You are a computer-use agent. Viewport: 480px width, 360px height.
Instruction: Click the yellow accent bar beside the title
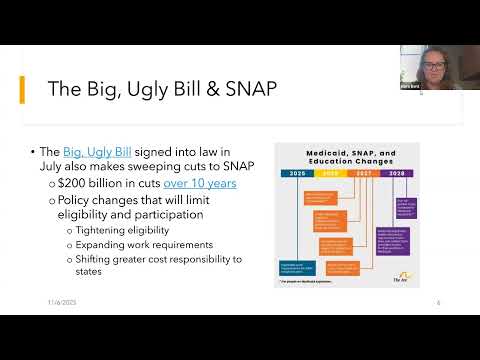(x=23, y=89)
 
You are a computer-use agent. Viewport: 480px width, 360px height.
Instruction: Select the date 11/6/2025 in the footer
(x=62, y=301)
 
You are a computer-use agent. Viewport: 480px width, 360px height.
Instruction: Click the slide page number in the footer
(x=438, y=301)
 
